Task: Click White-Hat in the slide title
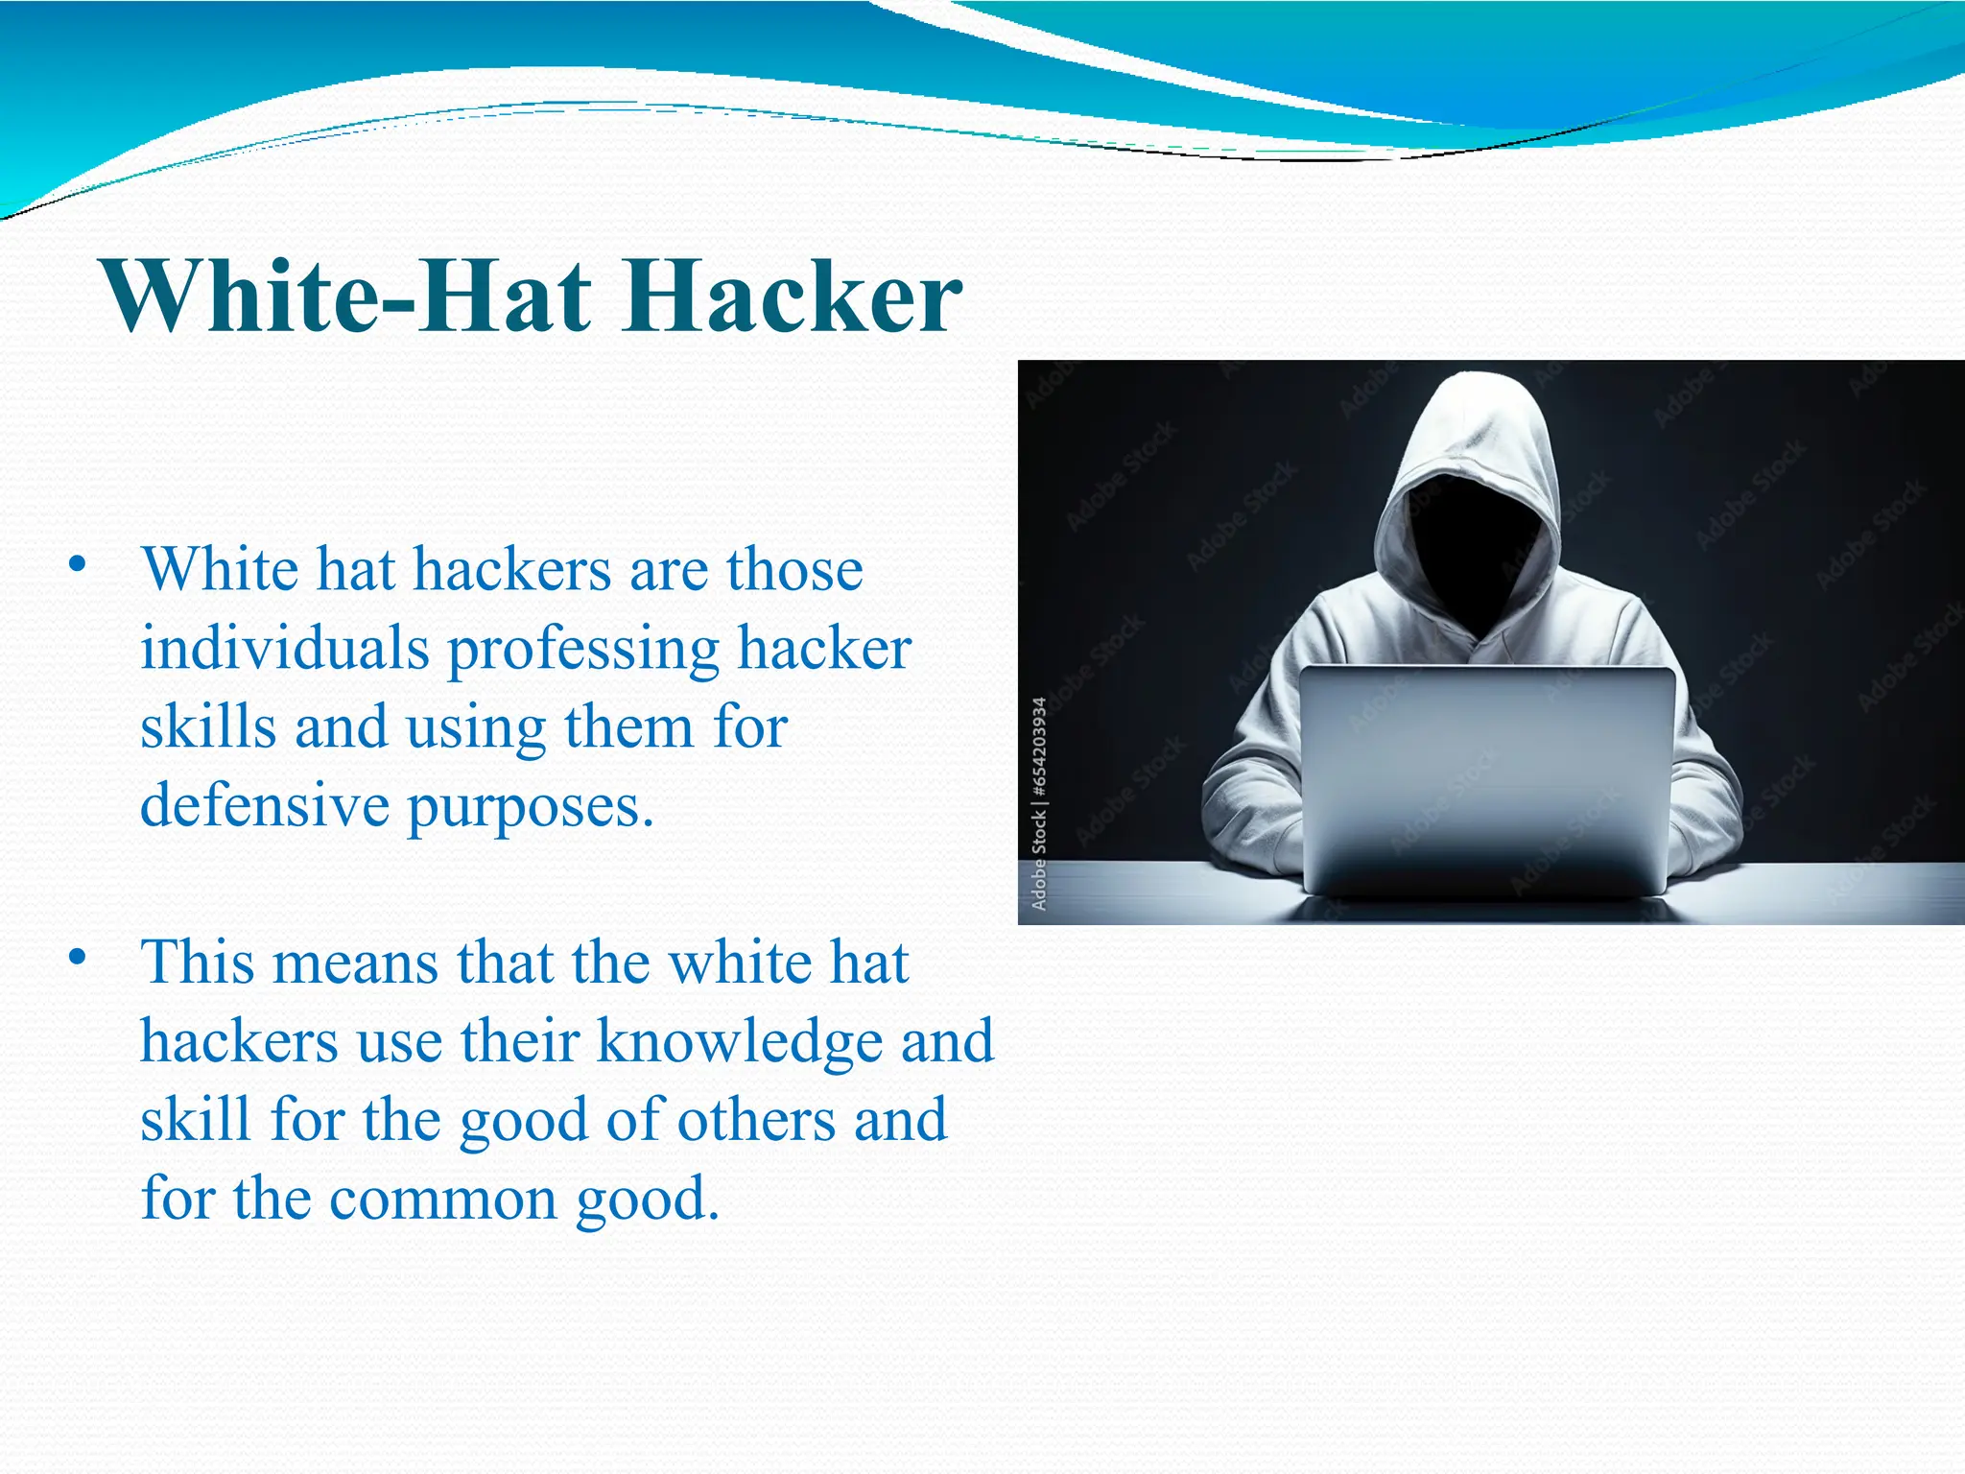coord(349,297)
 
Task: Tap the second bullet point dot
coord(78,957)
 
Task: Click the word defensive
coord(265,805)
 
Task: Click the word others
coord(756,1120)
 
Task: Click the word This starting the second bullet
coord(198,963)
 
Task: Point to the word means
coord(356,964)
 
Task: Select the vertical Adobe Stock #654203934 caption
coord(1039,803)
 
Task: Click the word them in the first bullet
coord(627,726)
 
